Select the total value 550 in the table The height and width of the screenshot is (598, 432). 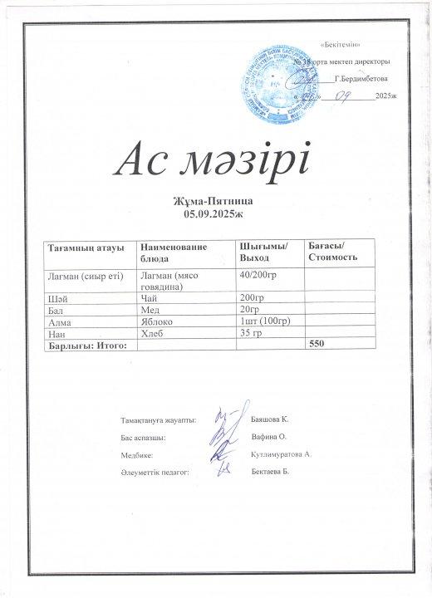[x=316, y=343]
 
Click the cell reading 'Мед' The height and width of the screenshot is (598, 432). [x=150, y=308]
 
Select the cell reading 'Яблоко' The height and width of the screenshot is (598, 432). [x=157, y=320]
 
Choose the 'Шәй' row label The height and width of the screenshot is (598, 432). [x=57, y=297]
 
